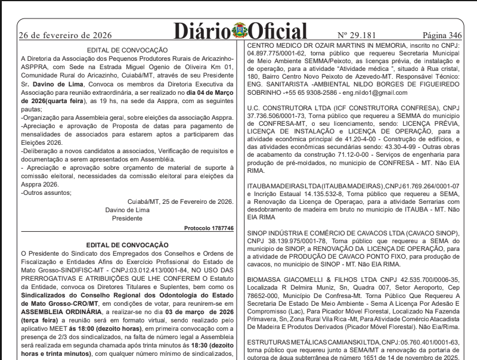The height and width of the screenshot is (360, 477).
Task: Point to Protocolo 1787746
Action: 209,228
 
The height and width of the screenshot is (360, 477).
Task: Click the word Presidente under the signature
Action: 127,218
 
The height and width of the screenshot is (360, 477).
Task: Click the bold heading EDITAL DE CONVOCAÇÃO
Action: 127,244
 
